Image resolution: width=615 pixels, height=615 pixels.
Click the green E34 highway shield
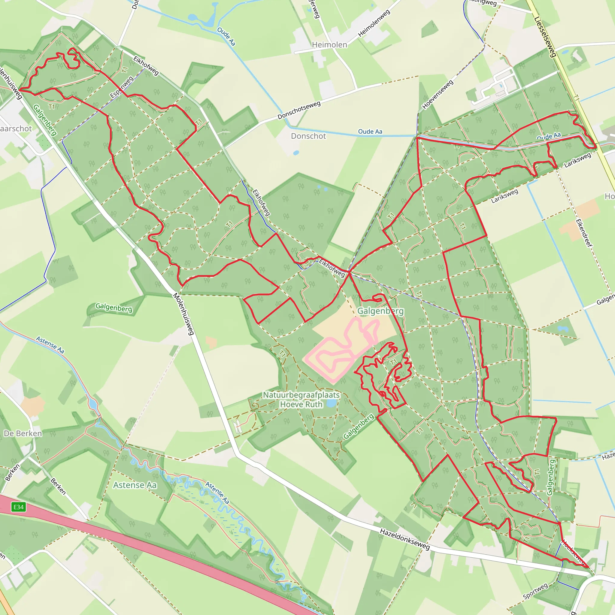[x=18, y=507]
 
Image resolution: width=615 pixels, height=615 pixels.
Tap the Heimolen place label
[x=329, y=45]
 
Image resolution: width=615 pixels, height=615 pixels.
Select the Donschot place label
[x=308, y=136]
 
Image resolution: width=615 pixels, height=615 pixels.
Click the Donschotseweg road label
[x=299, y=110]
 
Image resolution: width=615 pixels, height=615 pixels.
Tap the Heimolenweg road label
[x=374, y=23]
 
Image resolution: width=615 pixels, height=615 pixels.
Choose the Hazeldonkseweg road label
[x=404, y=539]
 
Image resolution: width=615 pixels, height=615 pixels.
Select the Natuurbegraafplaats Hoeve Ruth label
[x=301, y=399]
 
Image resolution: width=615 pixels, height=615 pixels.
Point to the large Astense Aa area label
[x=135, y=485]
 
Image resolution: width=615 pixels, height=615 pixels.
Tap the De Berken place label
[x=23, y=434]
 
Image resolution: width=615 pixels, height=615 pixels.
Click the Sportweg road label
[x=535, y=591]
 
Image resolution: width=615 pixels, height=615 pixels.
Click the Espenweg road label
[x=122, y=87]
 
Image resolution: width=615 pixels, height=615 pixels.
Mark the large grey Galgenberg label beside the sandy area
[x=380, y=311]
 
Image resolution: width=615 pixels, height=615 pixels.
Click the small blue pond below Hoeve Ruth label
[x=331, y=404]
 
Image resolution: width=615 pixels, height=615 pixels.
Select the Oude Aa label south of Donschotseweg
[x=370, y=132]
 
